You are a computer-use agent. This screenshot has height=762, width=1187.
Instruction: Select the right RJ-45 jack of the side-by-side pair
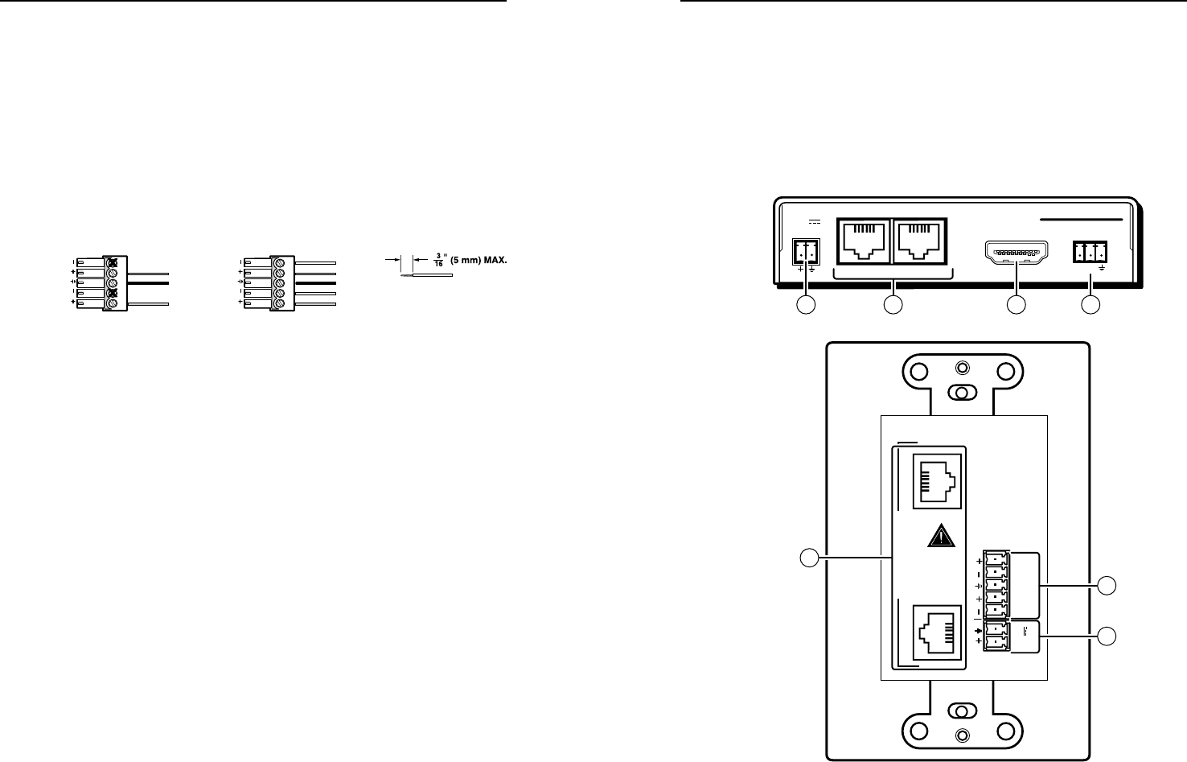click(x=919, y=239)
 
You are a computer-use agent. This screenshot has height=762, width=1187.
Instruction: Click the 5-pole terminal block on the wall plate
click(x=995, y=586)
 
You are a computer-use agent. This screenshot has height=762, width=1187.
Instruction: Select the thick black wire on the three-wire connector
click(x=146, y=282)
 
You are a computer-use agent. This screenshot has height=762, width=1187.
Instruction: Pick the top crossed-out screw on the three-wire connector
click(x=113, y=262)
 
